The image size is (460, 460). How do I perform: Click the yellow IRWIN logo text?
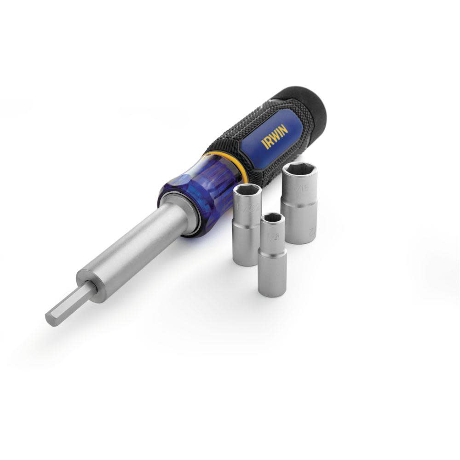coord(275,137)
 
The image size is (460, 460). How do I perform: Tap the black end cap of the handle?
coord(307,105)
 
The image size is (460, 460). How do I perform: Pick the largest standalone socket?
coord(299,202)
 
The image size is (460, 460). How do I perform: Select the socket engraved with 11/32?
coord(247,225)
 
